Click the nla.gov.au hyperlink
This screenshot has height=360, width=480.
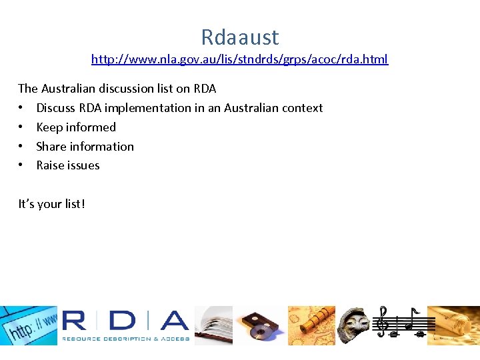click(239, 59)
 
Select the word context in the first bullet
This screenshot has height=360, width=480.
click(303, 108)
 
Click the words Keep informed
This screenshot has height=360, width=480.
click(76, 127)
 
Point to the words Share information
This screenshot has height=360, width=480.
click(85, 147)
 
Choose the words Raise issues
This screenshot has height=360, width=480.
click(67, 165)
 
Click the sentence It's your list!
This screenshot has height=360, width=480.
click(51, 204)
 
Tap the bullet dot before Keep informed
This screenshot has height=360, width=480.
click(22, 127)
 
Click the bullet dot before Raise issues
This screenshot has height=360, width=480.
click(22, 165)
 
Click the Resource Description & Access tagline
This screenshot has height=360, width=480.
click(126, 339)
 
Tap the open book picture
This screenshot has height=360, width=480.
click(213, 325)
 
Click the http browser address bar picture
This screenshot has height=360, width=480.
click(29, 325)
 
